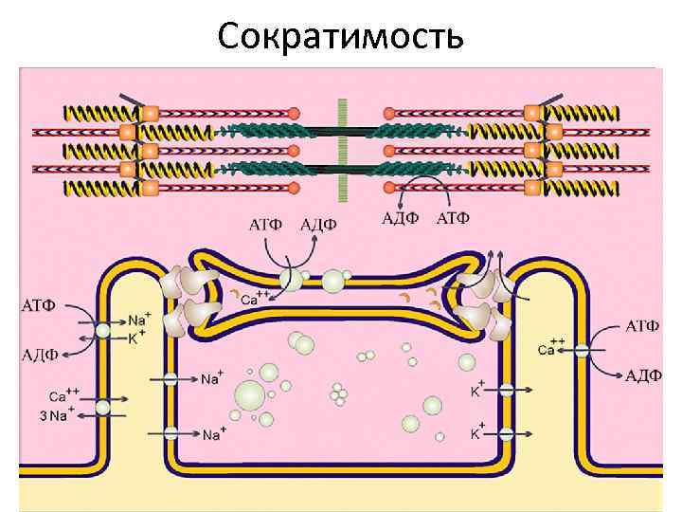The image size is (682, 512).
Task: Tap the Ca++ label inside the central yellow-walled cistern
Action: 252,299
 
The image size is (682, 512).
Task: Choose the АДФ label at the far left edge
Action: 39,357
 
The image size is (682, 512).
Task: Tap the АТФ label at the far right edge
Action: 643,326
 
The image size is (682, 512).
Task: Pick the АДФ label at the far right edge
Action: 643,375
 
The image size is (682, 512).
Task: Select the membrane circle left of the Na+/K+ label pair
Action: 102,331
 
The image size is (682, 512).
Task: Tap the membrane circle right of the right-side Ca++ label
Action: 581,351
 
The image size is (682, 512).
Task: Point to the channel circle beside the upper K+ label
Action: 506,389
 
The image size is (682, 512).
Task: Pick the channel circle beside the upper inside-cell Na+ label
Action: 171,380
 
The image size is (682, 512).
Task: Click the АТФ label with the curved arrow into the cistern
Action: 264,226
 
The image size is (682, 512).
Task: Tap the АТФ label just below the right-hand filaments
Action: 452,219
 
